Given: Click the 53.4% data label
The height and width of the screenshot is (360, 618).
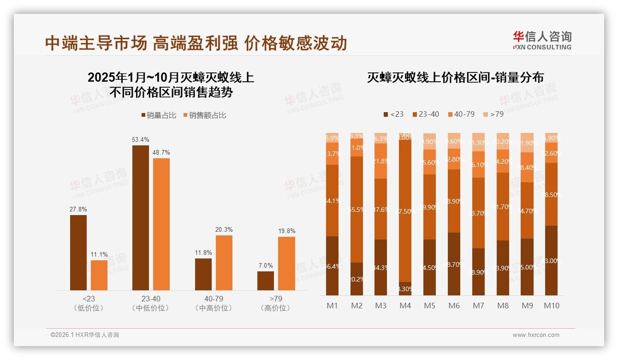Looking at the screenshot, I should coord(141,139).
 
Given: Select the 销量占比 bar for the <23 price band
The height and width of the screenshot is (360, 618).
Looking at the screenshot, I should coord(78,252).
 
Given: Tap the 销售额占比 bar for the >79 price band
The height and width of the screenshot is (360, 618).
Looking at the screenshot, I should coord(286,263).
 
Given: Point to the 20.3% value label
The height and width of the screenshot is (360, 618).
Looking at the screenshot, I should coord(224,229).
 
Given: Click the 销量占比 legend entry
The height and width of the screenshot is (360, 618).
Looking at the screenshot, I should coord(158,115).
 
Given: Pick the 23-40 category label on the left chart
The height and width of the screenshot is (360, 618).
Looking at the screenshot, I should coord(151,299).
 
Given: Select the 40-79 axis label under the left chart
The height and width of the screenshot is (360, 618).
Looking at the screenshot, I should coord(213,299).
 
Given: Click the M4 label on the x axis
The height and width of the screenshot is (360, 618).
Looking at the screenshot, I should coord(405,306).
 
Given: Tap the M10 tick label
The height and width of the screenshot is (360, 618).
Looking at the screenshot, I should coord(551,306).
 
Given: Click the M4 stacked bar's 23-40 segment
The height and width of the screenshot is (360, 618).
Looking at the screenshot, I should coord(405,210).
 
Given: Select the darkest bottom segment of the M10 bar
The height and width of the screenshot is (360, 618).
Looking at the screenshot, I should coord(551,260).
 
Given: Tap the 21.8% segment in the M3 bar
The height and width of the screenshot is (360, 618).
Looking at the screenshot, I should coord(380,161).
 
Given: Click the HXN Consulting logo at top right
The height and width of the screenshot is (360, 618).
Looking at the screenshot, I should coord(542,40).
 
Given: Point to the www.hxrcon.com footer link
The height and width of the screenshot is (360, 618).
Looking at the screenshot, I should coord(536,335).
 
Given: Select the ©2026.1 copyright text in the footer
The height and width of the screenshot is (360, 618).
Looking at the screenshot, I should coord(85,335).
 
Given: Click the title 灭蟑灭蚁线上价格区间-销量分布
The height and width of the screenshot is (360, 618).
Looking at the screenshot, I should coord(455,78).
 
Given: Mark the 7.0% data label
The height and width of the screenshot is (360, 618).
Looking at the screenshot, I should coord(266,265).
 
